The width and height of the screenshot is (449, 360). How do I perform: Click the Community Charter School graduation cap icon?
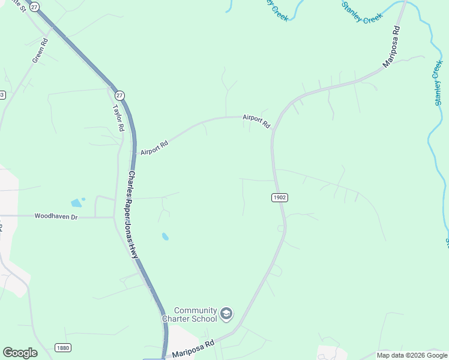click(226, 314)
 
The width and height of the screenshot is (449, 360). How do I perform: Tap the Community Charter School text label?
click(189, 314)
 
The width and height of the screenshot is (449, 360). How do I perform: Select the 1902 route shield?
click(279, 197)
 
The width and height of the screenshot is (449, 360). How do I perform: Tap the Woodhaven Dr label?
click(56, 216)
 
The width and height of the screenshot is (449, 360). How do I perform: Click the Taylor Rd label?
click(118, 118)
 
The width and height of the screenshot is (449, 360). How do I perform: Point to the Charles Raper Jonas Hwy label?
click(133, 215)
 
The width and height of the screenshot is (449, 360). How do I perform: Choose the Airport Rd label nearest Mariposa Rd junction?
click(257, 121)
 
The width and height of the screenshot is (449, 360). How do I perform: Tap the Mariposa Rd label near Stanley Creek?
click(391, 46)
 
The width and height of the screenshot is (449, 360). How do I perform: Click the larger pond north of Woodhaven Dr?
click(76, 203)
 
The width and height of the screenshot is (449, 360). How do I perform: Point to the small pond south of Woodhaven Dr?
click(164, 236)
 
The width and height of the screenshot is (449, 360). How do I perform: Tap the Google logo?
click(20, 353)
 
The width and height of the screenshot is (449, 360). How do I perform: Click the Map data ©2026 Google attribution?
click(412, 355)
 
